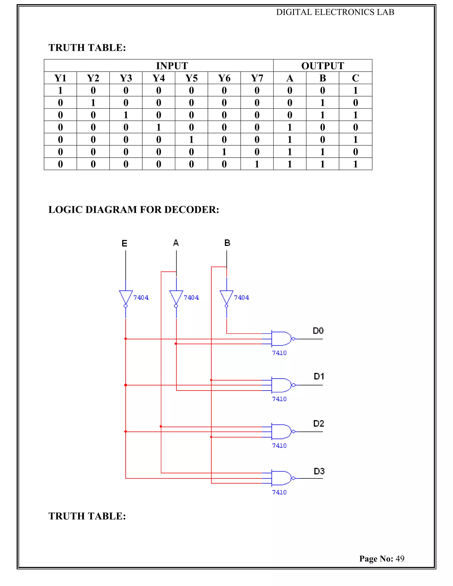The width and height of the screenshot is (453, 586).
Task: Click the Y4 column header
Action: [x=158, y=78]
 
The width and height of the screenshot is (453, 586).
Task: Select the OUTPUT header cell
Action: [x=322, y=66]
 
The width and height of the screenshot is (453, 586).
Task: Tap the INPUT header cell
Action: [x=172, y=66]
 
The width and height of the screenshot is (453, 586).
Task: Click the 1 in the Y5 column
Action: [x=191, y=140]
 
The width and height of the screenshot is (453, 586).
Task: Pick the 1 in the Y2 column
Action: [x=93, y=103]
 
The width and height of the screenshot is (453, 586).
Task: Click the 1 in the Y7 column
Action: [x=257, y=164]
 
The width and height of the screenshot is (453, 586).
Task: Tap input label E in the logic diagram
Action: [x=124, y=243]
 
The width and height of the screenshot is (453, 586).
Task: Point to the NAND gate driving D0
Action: [x=282, y=339]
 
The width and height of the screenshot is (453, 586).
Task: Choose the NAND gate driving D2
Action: [x=282, y=431]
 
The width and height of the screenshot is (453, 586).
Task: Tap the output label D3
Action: [x=319, y=471]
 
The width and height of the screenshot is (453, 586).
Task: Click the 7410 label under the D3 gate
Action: [x=279, y=492]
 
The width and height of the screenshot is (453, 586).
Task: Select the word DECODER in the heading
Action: [x=192, y=210]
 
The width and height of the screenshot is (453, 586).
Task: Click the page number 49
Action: [x=400, y=559]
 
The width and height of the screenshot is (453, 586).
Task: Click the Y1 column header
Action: [x=60, y=78]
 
